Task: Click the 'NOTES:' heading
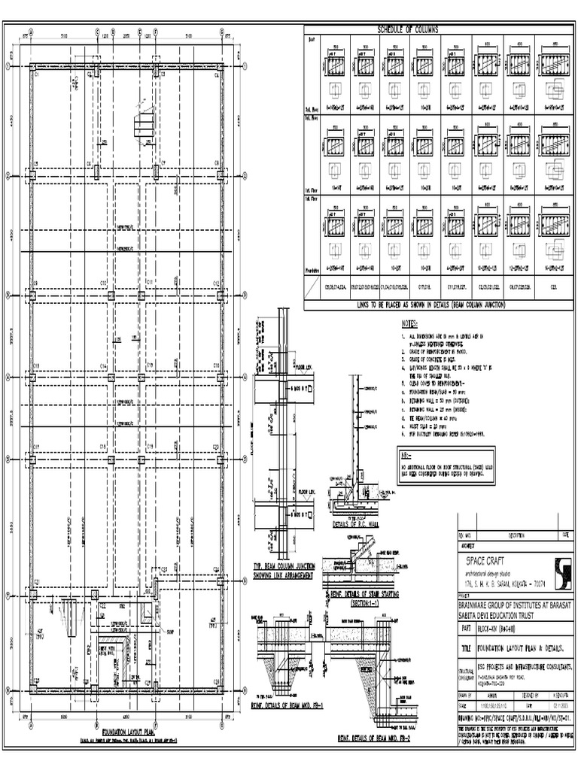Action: tap(412, 323)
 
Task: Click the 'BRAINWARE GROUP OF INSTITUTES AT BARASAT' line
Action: tap(515, 605)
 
